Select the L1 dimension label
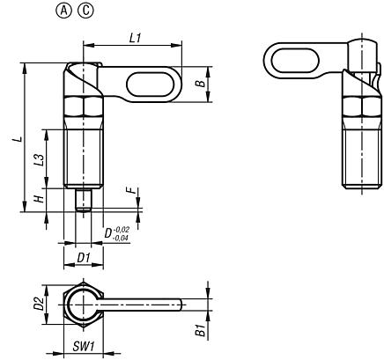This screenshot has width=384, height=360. [134, 39]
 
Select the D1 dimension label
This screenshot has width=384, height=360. [84, 257]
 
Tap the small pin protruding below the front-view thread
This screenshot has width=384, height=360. [85, 200]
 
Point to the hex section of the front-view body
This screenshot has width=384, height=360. [84, 111]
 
